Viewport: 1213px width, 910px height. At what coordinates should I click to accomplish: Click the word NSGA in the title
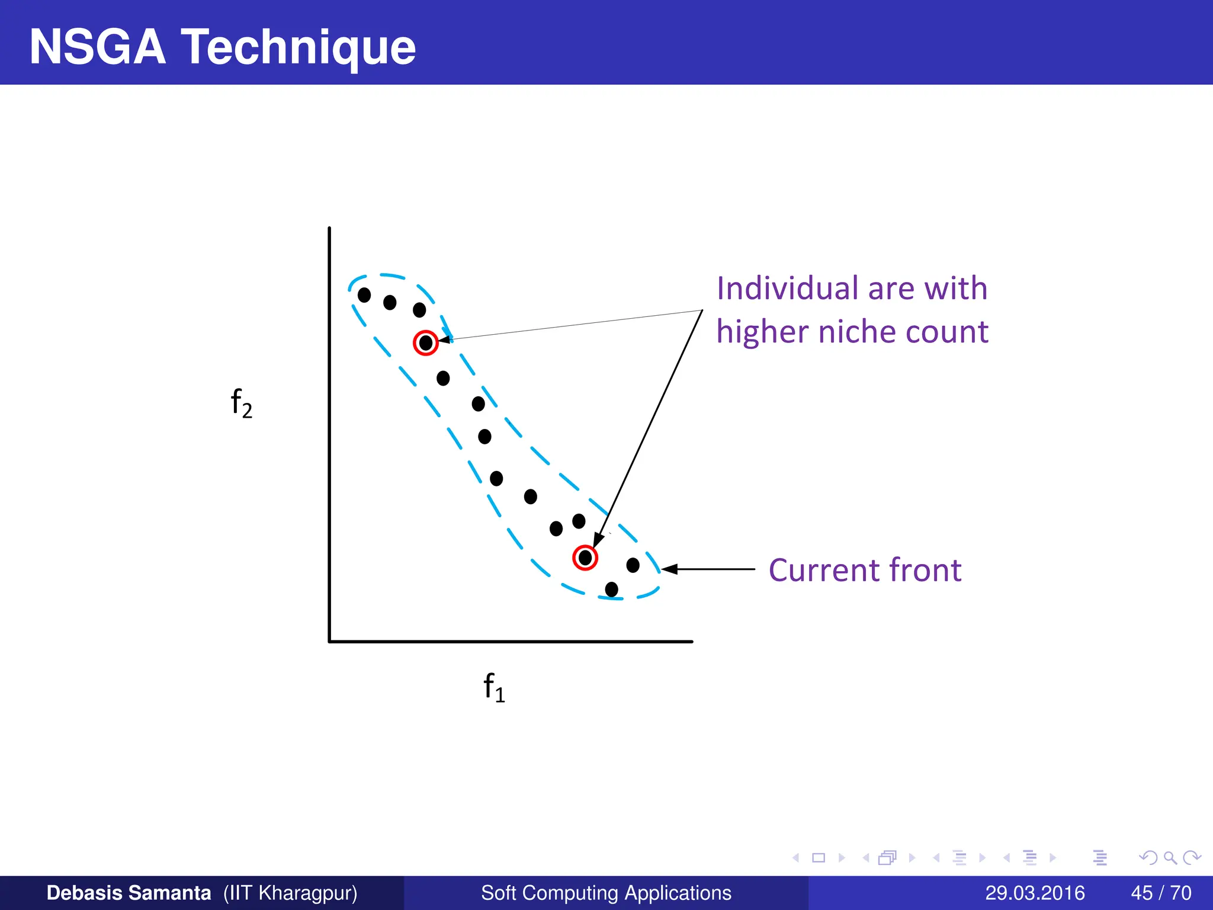pos(98,47)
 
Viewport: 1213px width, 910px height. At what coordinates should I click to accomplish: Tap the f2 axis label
pos(241,403)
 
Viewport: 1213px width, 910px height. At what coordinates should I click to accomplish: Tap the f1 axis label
pos(494,687)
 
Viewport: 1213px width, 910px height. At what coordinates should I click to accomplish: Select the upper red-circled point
pos(425,342)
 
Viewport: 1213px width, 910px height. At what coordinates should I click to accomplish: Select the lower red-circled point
pos(585,557)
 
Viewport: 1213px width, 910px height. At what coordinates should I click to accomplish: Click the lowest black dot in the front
pos(612,589)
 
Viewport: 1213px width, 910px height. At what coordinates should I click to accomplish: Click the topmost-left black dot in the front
pos(364,294)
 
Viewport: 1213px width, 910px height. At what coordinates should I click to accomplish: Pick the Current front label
pos(865,570)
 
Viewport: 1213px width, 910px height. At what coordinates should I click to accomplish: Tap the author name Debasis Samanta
pos(129,893)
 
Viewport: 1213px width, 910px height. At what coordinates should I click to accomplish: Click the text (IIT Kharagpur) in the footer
pos(290,893)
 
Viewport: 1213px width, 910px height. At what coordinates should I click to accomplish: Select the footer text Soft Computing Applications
pos(606,893)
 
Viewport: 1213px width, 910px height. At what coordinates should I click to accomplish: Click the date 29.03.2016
pos(1035,893)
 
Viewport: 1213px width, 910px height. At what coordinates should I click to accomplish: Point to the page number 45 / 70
pos(1161,893)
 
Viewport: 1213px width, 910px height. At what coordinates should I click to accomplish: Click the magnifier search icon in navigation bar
pos(1170,858)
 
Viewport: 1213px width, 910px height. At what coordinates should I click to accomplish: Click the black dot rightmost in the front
pos(633,565)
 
